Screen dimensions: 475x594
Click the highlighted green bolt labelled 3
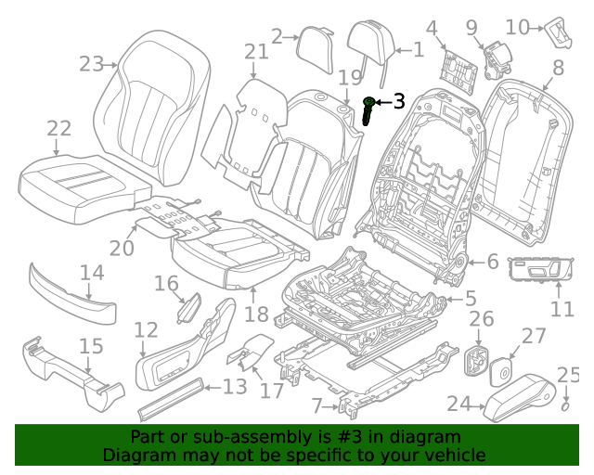370,109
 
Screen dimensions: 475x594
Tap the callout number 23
91,64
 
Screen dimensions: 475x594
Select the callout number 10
518,27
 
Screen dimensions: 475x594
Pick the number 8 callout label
558,68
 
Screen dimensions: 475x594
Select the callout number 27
535,336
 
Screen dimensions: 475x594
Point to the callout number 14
91,273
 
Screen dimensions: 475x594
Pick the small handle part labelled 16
190,305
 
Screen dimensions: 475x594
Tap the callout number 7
317,405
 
